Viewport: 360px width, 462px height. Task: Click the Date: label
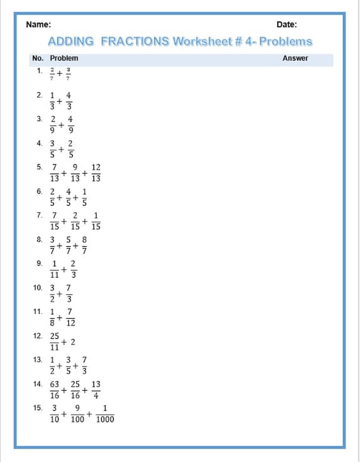pos(287,25)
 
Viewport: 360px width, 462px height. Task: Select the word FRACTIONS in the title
pos(135,42)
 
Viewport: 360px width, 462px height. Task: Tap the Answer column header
pos(295,58)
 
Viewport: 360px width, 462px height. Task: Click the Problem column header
pos(64,58)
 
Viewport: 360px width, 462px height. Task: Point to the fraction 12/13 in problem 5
pos(96,173)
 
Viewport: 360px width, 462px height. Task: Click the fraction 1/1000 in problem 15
pos(105,413)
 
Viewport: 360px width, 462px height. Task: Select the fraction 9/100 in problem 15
pos(77,413)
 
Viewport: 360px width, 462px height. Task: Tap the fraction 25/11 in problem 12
pos(54,341)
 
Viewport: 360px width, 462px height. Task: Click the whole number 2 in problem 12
pos(73,341)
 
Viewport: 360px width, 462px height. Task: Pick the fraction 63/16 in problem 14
pos(54,389)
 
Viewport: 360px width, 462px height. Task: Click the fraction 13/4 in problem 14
pos(96,389)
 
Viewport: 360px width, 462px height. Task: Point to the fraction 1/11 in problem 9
pos(54,269)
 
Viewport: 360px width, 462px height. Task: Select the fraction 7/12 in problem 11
pos(71,317)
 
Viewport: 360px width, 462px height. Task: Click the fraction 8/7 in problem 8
pos(85,246)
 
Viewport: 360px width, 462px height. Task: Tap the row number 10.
pos(38,287)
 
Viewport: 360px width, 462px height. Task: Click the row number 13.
pos(38,359)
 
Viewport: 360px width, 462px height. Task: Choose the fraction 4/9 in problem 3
pos(70,124)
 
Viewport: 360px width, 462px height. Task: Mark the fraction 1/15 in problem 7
pos(96,221)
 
